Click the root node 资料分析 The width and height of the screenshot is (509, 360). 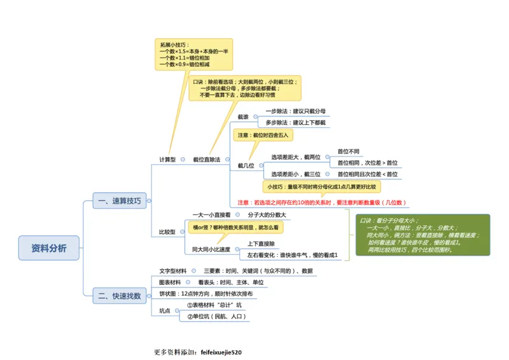(49, 248)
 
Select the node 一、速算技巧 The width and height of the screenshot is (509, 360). (120, 201)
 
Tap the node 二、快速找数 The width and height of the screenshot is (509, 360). (120, 295)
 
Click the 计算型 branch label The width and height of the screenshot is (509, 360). (167, 160)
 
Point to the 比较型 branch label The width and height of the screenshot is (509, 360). (167, 232)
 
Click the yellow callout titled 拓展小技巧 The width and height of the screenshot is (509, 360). (193, 55)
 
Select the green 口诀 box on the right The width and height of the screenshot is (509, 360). (422, 235)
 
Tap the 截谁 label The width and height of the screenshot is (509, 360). (243, 117)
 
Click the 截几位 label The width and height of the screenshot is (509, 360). (246, 165)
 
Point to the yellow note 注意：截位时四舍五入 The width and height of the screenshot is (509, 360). (263, 135)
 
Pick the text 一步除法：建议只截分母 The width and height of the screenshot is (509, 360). (295, 111)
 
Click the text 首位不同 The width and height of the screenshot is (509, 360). (348, 151)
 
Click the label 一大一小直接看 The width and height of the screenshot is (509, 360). (212, 215)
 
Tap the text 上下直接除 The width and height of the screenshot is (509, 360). (261, 244)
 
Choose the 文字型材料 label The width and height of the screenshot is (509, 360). (173, 271)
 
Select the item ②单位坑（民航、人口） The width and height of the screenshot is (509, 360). (216, 316)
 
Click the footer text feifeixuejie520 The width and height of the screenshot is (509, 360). (221, 352)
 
